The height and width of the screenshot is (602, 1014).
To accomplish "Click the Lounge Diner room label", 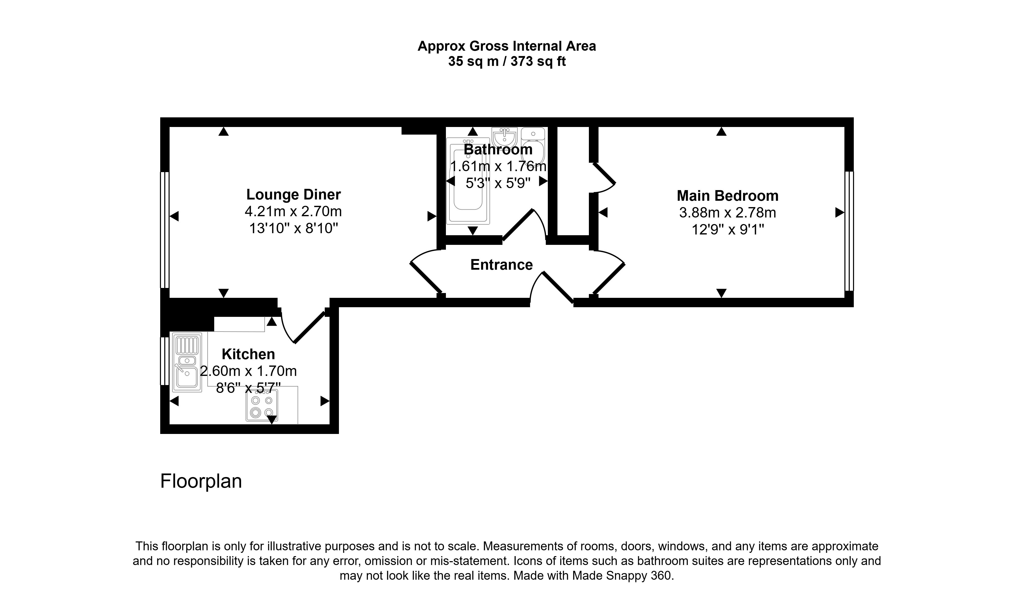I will tap(293, 195).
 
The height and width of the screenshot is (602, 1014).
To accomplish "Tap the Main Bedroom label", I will tap(727, 196).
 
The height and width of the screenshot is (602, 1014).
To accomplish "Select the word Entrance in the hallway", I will tap(501, 265).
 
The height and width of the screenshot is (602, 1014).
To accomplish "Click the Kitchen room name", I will tap(248, 354).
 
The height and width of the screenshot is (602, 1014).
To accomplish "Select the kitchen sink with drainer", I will tap(187, 362).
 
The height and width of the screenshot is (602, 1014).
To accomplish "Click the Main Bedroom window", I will tap(849, 231).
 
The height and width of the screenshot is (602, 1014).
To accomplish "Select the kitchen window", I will tap(164, 361).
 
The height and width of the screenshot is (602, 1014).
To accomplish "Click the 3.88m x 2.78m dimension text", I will tap(727, 213).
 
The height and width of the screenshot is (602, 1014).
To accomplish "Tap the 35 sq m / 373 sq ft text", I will tap(506, 62).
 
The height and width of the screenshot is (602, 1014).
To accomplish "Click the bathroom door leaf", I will tap(518, 225).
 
